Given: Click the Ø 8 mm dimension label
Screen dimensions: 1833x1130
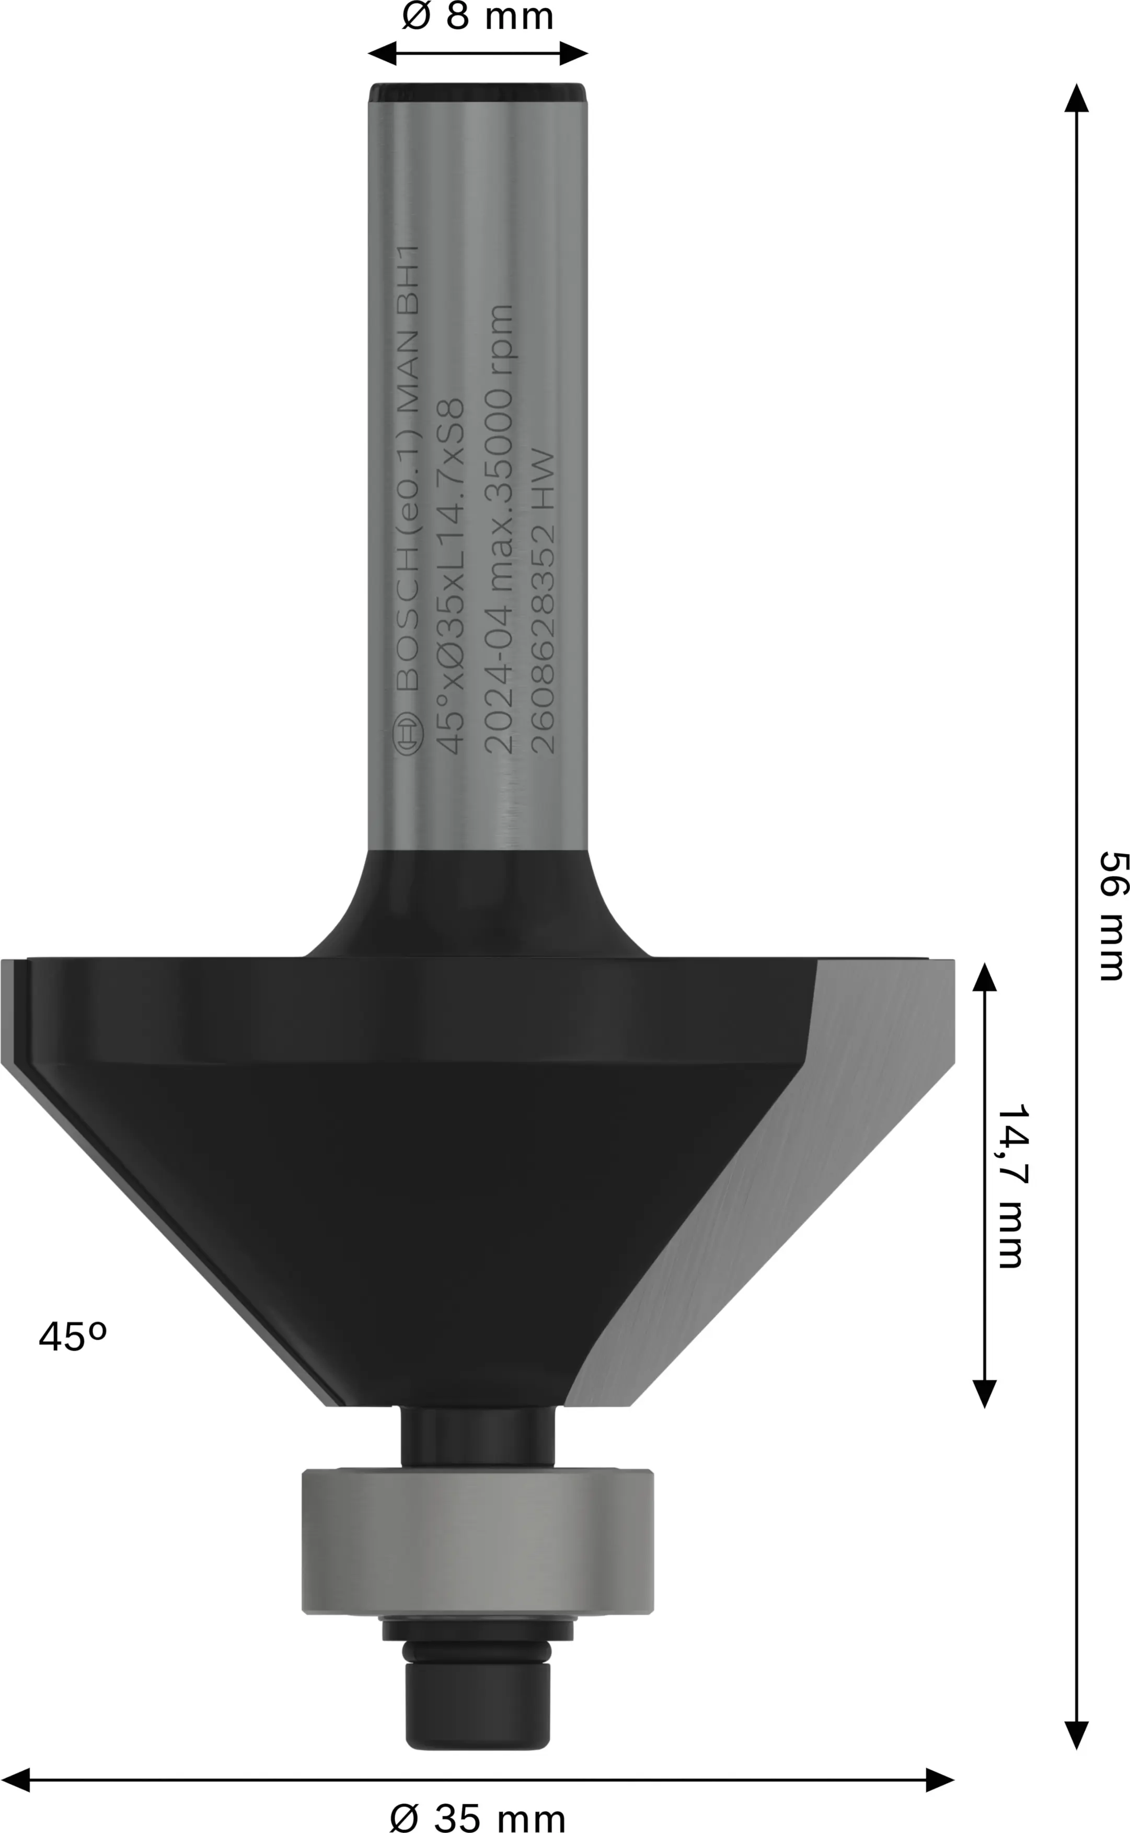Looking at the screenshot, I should pyautogui.click(x=478, y=16).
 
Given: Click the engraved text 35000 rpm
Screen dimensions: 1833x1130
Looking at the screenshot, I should pyautogui.click(x=499, y=411).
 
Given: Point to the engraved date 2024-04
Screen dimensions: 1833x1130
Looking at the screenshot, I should pyautogui.click(x=499, y=680).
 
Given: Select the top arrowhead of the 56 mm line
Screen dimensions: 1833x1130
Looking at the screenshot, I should pyautogui.click(x=1076, y=97).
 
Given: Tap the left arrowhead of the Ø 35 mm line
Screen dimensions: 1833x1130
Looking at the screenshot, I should pyautogui.click(x=15, y=1780).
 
